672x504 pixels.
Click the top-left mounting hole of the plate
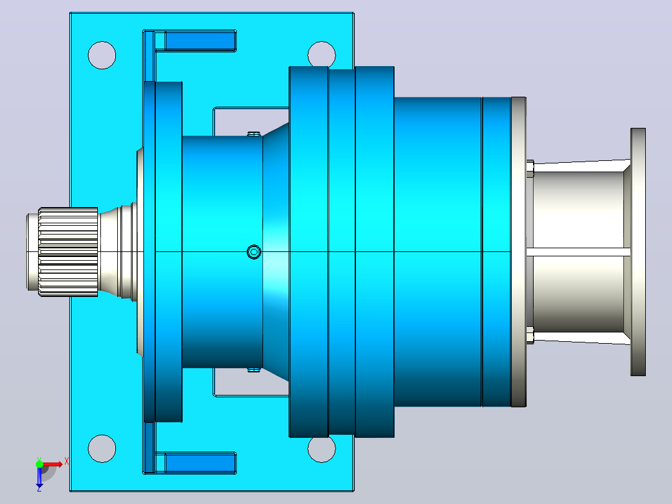[102, 56]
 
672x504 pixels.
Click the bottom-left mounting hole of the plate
[102, 448]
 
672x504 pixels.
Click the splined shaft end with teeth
[68, 252]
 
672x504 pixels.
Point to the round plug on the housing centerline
[254, 252]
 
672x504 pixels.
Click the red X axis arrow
[53, 464]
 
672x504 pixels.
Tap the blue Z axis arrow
[39, 477]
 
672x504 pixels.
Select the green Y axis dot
[39, 464]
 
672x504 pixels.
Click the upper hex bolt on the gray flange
[530, 168]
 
